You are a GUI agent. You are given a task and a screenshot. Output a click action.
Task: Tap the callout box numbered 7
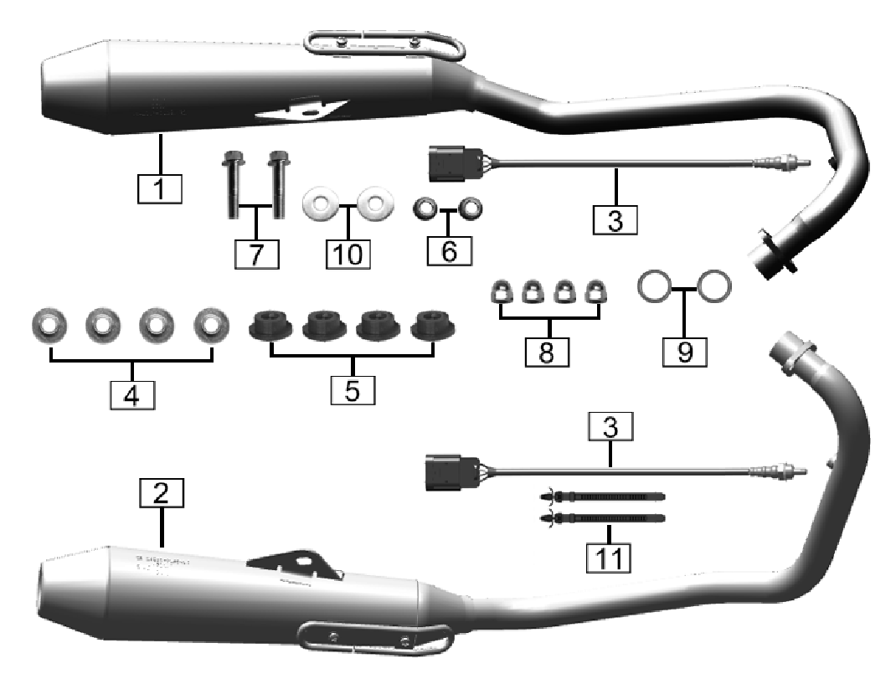click(257, 252)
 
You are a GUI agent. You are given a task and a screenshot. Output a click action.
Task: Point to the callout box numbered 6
click(451, 250)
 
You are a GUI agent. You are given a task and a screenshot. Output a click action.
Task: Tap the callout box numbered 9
click(685, 351)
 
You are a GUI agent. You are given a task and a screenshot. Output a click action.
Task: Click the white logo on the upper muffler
click(288, 114)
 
